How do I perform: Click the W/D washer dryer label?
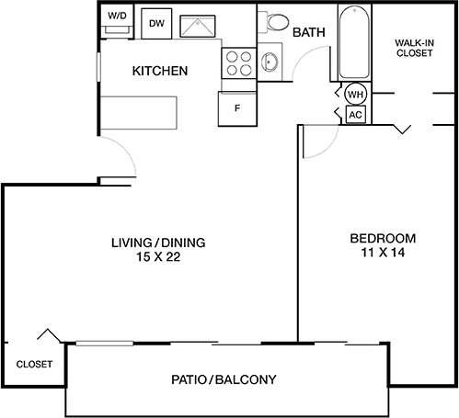coord(116,17)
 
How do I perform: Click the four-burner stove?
coord(237,62)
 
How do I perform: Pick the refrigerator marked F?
coord(236,108)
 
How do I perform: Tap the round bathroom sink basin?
coord(270,62)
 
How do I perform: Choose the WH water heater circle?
coord(355,94)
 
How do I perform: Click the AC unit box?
coord(355,114)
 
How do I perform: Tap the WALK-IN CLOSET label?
coord(414,48)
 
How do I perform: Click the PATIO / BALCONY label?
coord(224,378)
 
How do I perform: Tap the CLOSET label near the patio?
coord(34,364)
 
